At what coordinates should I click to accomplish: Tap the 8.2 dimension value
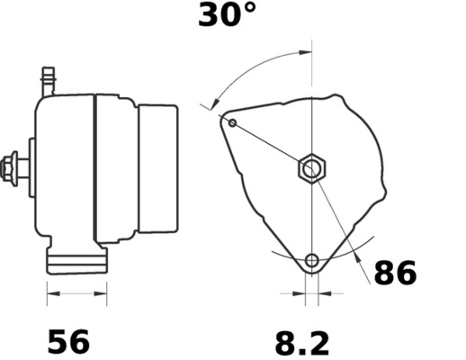pyautogui.click(x=302, y=342)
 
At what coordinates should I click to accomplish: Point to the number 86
pyautogui.click(x=395, y=274)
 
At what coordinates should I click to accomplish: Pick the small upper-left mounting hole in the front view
pyautogui.click(x=232, y=122)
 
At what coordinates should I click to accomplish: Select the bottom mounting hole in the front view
pyautogui.click(x=311, y=262)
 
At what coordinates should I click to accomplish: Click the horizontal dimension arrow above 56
pyautogui.click(x=76, y=292)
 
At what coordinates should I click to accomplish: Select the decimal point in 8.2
pyautogui.click(x=302, y=353)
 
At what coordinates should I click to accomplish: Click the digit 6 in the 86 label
pyautogui.click(x=408, y=274)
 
